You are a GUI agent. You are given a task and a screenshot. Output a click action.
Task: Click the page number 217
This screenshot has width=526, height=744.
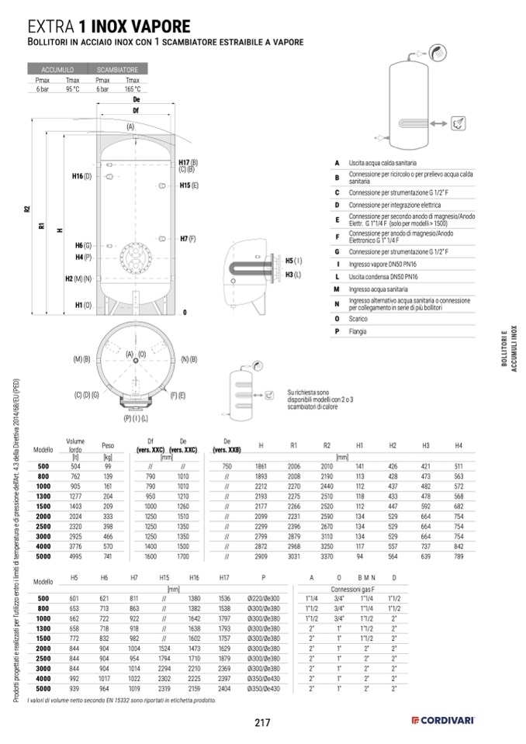point(261,723)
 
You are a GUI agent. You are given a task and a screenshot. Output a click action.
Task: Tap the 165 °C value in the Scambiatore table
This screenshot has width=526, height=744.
point(132,89)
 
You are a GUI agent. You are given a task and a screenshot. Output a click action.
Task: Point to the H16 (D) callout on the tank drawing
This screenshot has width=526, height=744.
point(82,177)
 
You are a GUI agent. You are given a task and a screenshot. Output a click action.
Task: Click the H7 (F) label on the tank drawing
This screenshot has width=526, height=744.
point(187,238)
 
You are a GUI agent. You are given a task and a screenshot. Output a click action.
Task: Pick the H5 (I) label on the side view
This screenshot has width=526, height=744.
point(292,261)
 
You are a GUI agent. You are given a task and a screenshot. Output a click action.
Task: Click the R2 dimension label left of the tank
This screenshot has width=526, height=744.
point(26,209)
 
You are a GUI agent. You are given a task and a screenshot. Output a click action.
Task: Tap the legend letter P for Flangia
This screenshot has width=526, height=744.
point(337,331)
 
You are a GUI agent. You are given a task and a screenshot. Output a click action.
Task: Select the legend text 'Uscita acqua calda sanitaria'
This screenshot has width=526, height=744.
point(382,163)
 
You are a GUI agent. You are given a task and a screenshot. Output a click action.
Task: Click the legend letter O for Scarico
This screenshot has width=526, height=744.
point(337,319)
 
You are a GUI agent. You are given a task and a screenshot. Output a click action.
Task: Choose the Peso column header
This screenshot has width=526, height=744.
point(108,445)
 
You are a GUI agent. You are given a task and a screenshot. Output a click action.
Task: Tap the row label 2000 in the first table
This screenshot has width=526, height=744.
point(43,515)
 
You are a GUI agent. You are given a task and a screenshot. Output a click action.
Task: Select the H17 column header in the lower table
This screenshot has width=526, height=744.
point(224,579)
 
